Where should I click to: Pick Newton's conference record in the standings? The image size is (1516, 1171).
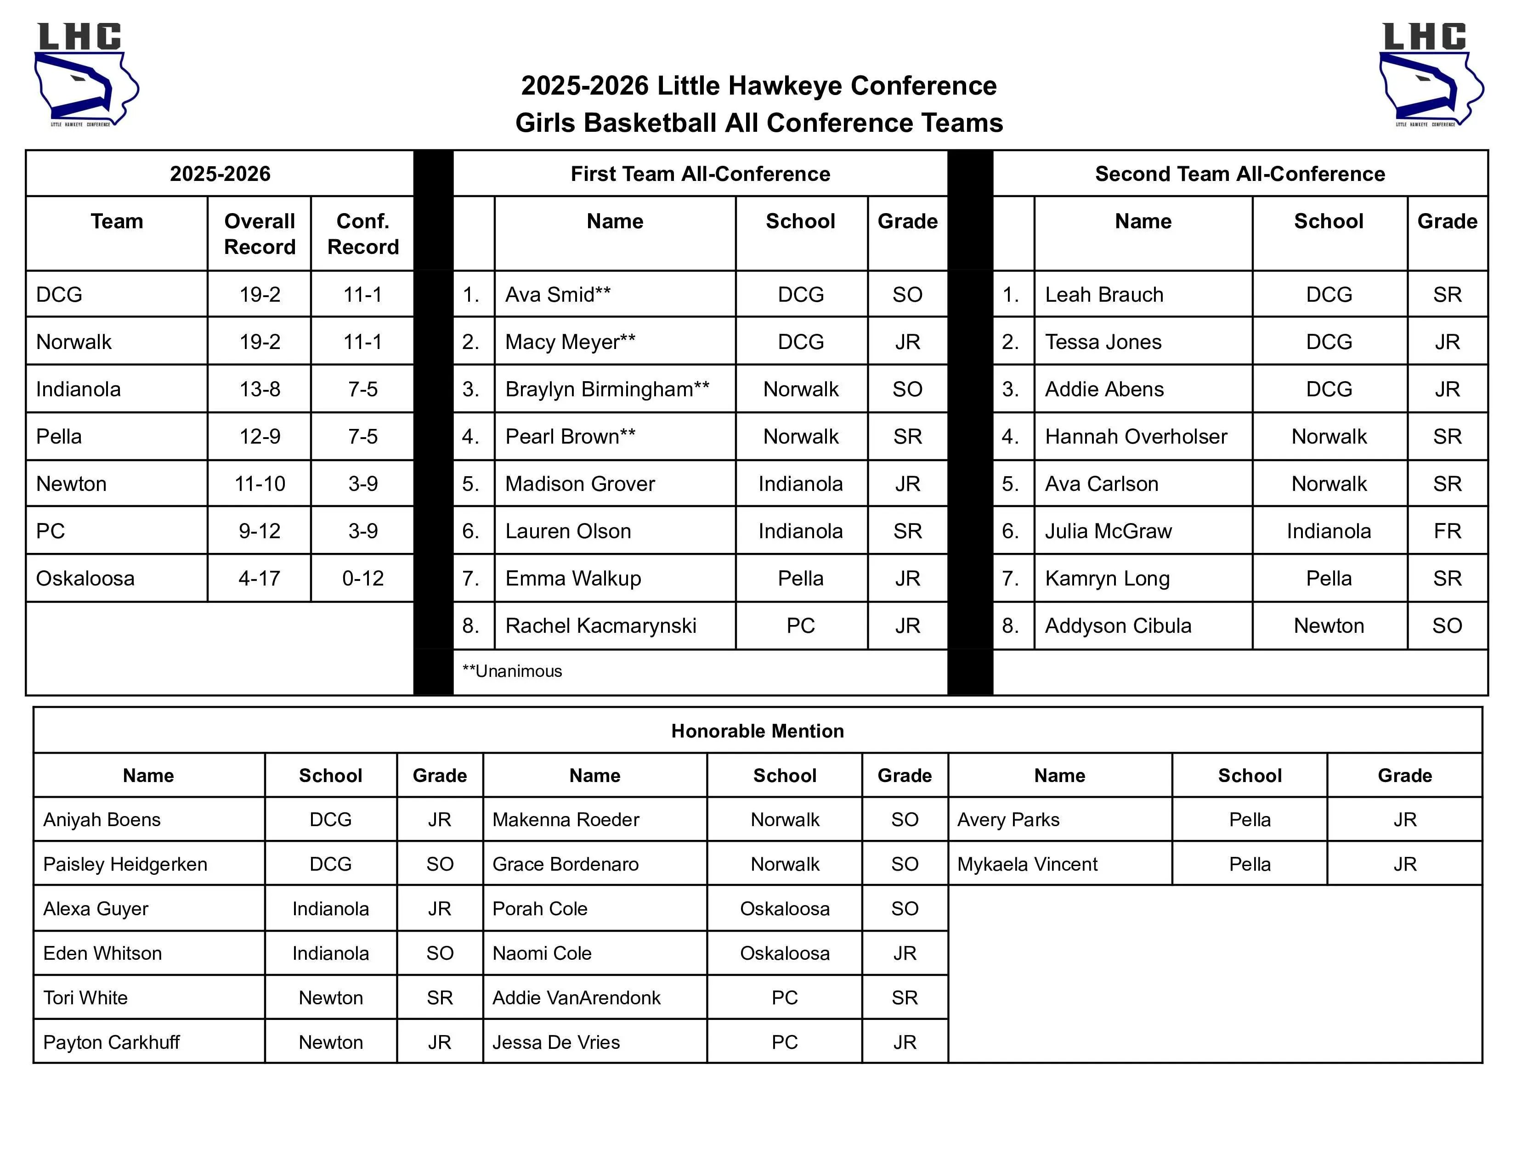[x=362, y=484]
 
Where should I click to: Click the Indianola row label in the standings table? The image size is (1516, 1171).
[x=79, y=389]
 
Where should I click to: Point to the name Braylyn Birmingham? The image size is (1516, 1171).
[x=607, y=389]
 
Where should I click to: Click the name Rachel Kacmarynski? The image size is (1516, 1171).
[x=600, y=626]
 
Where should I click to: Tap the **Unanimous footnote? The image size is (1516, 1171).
[x=512, y=671]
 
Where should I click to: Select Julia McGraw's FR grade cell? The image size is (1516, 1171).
[x=1447, y=531]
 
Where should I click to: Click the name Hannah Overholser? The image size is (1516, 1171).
[x=1136, y=436]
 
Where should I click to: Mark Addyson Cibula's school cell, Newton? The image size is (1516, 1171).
[x=1329, y=626]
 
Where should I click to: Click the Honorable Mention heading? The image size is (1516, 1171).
[x=757, y=731]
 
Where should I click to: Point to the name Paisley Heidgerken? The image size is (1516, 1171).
[x=125, y=864]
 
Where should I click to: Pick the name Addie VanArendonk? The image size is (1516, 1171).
[x=576, y=997]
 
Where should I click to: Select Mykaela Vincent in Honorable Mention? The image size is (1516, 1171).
[x=1027, y=864]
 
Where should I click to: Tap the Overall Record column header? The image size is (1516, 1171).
[x=260, y=234]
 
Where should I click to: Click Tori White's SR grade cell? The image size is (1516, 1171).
[x=439, y=997]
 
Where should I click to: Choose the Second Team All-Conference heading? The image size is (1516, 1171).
[x=1240, y=174]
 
